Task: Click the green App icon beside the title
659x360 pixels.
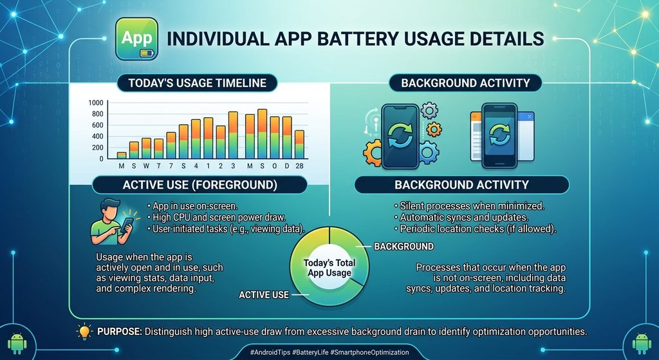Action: pyautogui.click(x=136, y=39)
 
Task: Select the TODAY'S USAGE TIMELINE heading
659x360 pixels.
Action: pyautogui.click(x=197, y=83)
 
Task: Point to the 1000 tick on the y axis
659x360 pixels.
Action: pyautogui.click(x=96, y=102)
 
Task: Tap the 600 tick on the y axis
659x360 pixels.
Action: pyautogui.click(x=98, y=126)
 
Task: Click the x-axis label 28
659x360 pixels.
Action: pyautogui.click(x=299, y=166)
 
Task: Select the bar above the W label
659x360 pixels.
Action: pyautogui.click(x=146, y=149)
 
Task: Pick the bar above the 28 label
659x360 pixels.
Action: pyautogui.click(x=299, y=145)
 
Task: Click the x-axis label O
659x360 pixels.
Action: pyautogui.click(x=274, y=166)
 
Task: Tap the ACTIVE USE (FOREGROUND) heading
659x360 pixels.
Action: pyautogui.click(x=200, y=185)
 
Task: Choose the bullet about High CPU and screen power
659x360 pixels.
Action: pyautogui.click(x=216, y=218)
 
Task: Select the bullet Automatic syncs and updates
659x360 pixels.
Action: pyautogui.click(x=461, y=218)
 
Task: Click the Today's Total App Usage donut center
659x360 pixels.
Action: pyautogui.click(x=329, y=268)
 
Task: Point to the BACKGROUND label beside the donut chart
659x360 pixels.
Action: pyautogui.click(x=404, y=247)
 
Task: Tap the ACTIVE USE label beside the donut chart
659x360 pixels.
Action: pyautogui.click(x=264, y=295)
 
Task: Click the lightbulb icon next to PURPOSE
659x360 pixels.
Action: pyautogui.click(x=84, y=332)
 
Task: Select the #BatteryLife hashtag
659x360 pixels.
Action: pyautogui.click(x=310, y=352)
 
